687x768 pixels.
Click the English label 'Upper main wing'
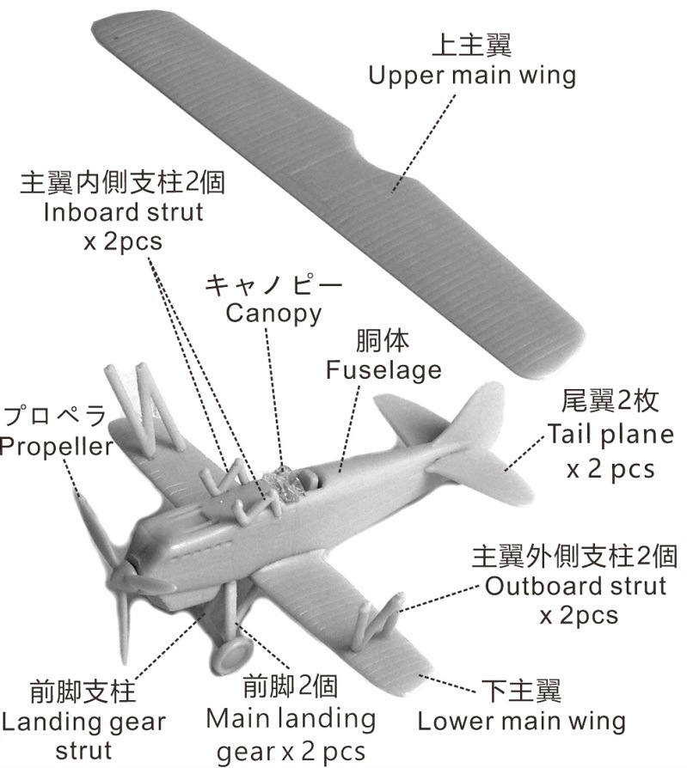coord(472,76)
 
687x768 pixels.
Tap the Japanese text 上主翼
coord(471,46)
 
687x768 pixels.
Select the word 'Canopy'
coord(273,314)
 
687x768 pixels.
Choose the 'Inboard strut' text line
coord(123,212)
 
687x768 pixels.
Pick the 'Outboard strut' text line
coord(576,586)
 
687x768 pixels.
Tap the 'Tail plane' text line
coord(610,435)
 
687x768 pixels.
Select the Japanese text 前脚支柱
coord(83,692)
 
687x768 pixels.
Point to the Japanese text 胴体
coord(383,341)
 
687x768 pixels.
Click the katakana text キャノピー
coord(273,284)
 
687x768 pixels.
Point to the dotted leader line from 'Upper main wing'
coord(423,143)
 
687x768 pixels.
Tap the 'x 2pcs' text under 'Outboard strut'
coord(579,616)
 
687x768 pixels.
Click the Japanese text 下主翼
coord(521,691)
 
